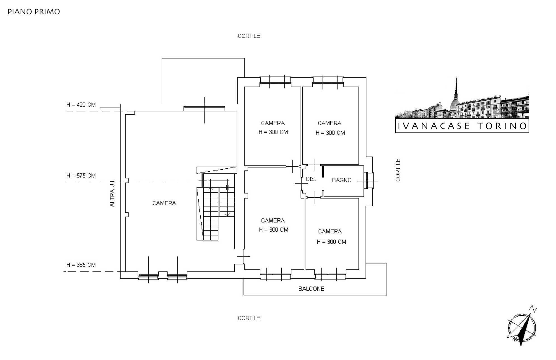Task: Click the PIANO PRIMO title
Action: tap(34, 12)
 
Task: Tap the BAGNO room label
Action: tap(341, 180)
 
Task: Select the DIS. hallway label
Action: tap(311, 179)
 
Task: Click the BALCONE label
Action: tap(311, 289)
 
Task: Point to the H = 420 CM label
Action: tap(81, 105)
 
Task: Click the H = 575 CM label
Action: tap(81, 176)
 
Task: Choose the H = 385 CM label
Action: tap(81, 265)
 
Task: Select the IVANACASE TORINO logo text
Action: tap(462, 126)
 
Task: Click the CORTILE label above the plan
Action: tap(249, 36)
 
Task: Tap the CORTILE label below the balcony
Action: tap(249, 318)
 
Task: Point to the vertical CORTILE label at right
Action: tap(398, 170)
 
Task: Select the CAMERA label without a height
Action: tap(164, 203)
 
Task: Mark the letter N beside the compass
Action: tap(533, 309)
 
